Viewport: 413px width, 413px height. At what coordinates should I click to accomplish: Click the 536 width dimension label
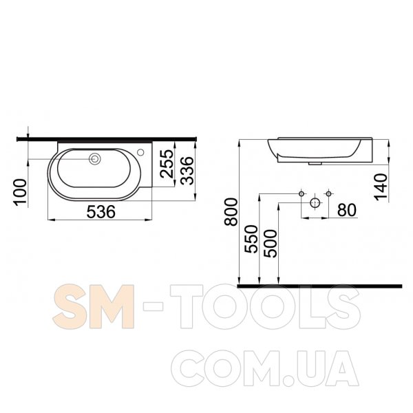pyautogui.click(x=101, y=212)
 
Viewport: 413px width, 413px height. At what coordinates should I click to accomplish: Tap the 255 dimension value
pyautogui.click(x=167, y=163)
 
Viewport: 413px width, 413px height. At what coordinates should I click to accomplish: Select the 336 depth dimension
pyautogui.click(x=188, y=171)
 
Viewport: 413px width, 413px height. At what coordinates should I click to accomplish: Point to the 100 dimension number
pyautogui.click(x=20, y=192)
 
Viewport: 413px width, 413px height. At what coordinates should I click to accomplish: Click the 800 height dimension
pyautogui.click(x=231, y=212)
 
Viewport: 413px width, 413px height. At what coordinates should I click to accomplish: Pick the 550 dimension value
pyautogui.click(x=251, y=239)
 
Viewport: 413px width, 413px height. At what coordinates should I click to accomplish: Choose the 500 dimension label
pyautogui.click(x=271, y=244)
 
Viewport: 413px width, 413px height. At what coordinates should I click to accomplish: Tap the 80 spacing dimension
pyautogui.click(x=347, y=210)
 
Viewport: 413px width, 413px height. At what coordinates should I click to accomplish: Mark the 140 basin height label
pyautogui.click(x=381, y=187)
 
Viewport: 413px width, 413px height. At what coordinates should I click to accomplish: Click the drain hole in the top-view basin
pyautogui.click(x=95, y=159)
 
